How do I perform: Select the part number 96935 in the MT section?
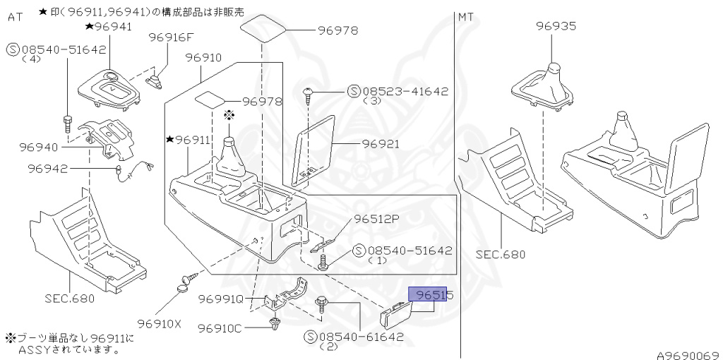[556, 27]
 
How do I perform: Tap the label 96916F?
[170, 37]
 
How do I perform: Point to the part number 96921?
[381, 144]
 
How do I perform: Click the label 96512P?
[376, 220]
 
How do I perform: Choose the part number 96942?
[47, 168]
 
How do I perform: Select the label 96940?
[38, 147]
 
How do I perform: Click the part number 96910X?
[159, 324]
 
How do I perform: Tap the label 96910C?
[220, 328]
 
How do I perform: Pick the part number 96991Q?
[221, 299]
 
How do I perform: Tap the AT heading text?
[15, 17]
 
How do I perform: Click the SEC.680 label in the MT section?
[501, 254]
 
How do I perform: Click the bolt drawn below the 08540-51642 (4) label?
[67, 125]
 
